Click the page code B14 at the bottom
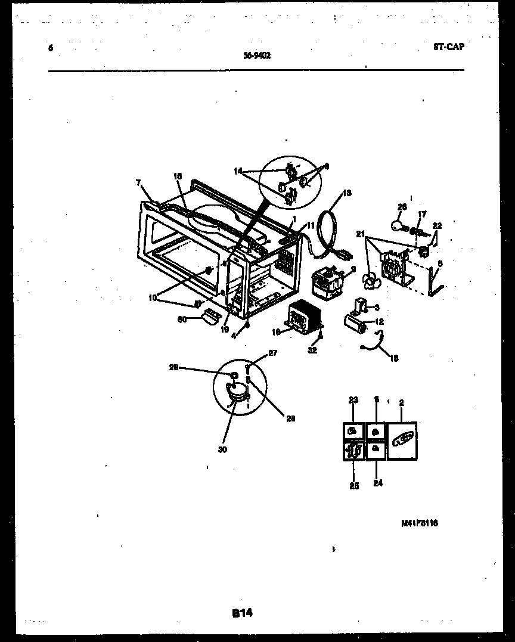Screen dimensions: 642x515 pyautogui.click(x=242, y=613)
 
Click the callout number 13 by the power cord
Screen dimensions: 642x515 pyautogui.click(x=348, y=193)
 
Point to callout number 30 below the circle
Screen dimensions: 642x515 pyautogui.click(x=222, y=450)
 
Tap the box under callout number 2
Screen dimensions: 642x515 pyautogui.click(x=402, y=441)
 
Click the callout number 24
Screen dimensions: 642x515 pyautogui.click(x=378, y=483)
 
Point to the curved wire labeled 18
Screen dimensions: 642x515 pyautogui.click(x=376, y=342)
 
